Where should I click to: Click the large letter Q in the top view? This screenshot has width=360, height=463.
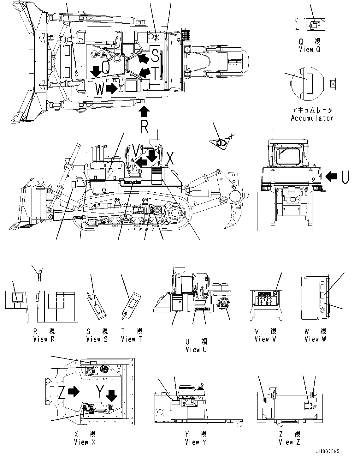coord(106,68)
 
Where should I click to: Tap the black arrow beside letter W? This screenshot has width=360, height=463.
coord(111,89)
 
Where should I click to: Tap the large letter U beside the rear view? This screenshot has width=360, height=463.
coord(345,177)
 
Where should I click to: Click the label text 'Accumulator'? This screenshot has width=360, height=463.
coord(312,118)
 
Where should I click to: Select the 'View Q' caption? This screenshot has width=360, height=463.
coord(310,50)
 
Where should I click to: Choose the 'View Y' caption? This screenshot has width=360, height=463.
coord(196,442)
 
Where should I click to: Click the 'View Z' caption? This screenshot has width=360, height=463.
coord(289,442)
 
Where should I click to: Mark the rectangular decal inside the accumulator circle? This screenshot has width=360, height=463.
coord(309,83)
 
